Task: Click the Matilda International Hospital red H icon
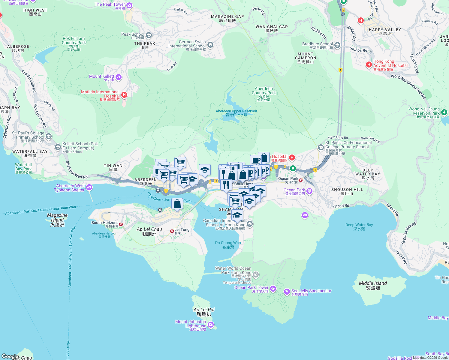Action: coord(124,95)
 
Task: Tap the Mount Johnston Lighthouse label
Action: coord(191,324)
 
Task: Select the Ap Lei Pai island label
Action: coord(204,312)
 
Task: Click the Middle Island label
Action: coord(373,285)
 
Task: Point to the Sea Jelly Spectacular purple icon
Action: coord(287,291)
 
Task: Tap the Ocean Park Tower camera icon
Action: coord(273,289)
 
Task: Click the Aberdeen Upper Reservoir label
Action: coord(237,113)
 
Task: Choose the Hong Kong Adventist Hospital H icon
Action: coord(369,64)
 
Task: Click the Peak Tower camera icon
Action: coord(129,5)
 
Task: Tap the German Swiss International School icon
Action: coord(210,45)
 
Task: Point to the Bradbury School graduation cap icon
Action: coord(337,45)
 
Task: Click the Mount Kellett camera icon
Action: coord(119,77)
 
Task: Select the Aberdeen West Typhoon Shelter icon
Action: coord(89,187)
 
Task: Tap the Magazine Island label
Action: coord(57,220)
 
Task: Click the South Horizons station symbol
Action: coord(121,224)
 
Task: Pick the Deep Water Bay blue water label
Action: coord(359,226)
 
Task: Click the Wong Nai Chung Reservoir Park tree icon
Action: coord(444,112)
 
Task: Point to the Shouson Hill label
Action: coord(347,191)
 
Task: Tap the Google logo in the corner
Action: coord(10,356)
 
